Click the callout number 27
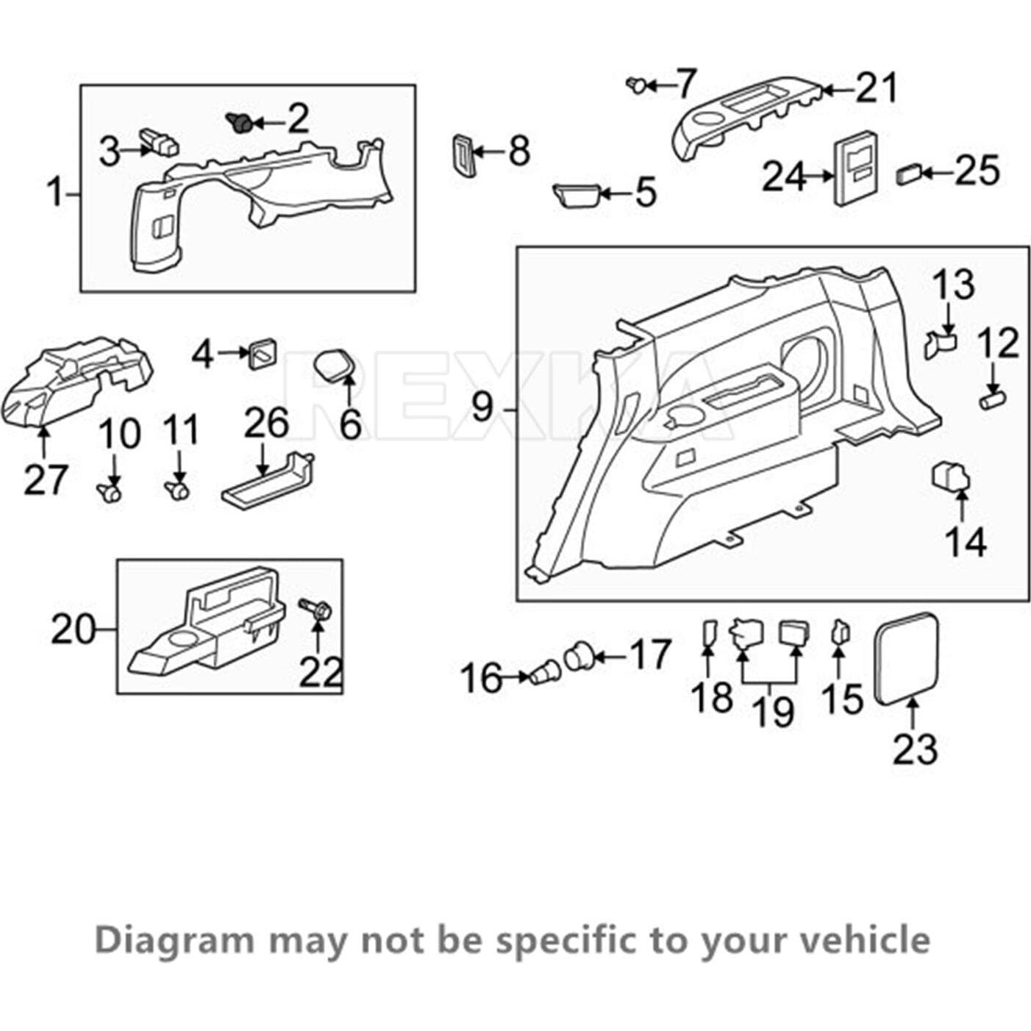pos(46,479)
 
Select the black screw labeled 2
pos(238,122)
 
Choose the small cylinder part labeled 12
pos(993,401)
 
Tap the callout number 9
pos(482,407)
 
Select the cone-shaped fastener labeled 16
pos(543,672)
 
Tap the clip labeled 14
pos(951,476)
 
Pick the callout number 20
pos(73,630)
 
